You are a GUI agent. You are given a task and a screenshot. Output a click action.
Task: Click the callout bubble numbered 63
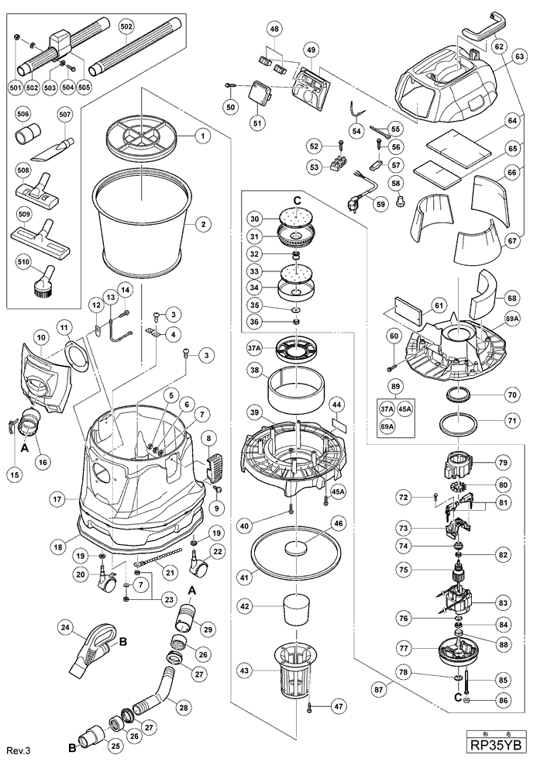pyautogui.click(x=519, y=57)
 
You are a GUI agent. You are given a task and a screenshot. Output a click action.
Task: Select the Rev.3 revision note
pyautogui.click(x=19, y=750)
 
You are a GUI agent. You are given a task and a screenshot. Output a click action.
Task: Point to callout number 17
pyautogui.click(x=58, y=499)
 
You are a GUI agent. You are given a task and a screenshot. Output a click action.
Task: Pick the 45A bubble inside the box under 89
pyautogui.click(x=404, y=409)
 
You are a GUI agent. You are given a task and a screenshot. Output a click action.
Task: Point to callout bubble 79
pyautogui.click(x=504, y=463)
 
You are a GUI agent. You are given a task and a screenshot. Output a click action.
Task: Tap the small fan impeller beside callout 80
pyautogui.click(x=461, y=485)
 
